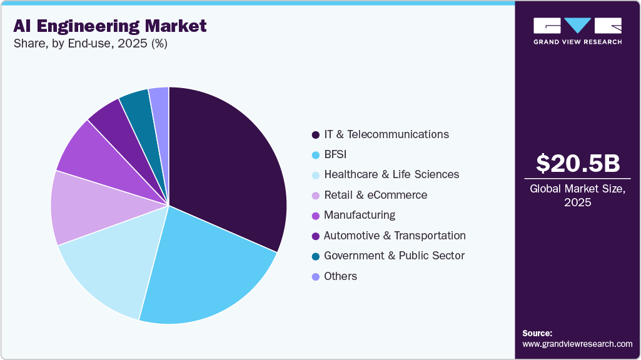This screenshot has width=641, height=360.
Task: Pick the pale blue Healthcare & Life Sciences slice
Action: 109,269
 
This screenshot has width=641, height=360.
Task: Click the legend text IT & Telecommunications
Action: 386,134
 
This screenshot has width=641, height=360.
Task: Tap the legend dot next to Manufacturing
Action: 316,216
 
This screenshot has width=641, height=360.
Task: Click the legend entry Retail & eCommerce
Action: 375,195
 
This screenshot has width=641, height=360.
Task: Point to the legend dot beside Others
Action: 316,276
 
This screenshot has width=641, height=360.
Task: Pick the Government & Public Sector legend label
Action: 394,256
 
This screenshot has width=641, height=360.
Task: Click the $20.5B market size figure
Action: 578,163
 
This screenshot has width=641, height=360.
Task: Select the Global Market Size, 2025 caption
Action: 578,196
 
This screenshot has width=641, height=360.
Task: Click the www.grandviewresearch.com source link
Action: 577,344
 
